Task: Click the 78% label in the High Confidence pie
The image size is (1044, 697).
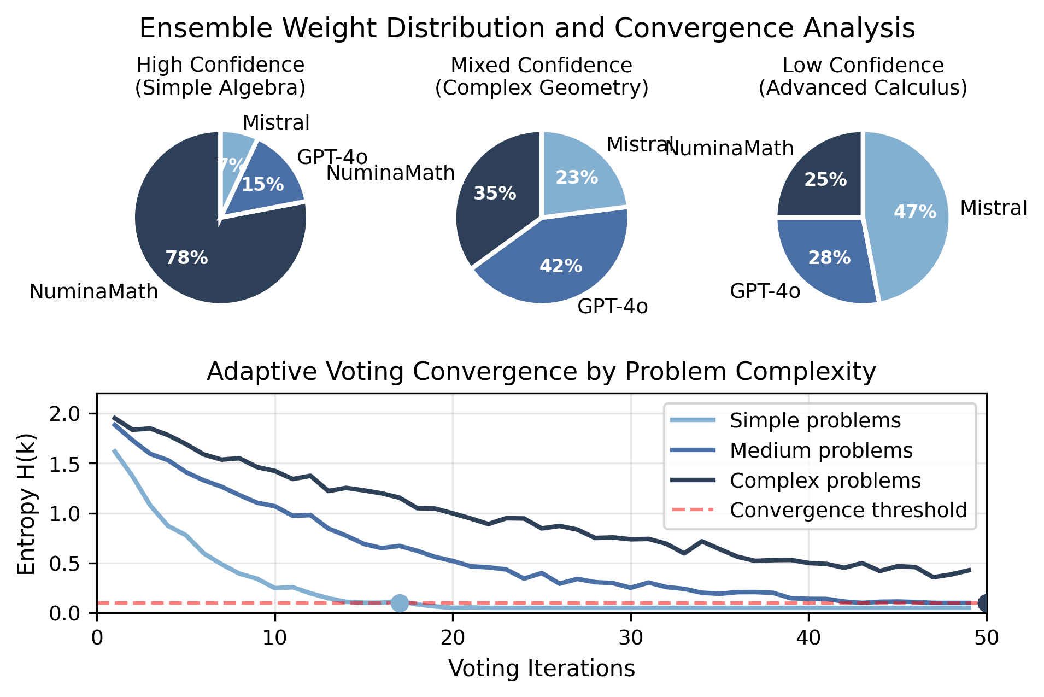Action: (186, 258)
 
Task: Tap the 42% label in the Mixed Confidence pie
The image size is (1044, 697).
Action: (561, 266)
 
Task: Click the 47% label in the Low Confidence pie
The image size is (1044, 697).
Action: (914, 212)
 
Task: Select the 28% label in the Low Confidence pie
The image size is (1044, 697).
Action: (829, 258)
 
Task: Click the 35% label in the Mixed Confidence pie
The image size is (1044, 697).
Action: (495, 194)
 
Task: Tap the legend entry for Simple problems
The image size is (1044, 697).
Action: (815, 421)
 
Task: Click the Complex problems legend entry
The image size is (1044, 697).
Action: (825, 481)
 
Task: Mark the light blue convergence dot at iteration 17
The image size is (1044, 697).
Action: (400, 603)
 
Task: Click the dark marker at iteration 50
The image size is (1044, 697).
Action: (986, 603)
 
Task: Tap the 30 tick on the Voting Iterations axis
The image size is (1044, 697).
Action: (631, 638)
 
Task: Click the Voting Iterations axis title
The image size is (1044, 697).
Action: (542, 669)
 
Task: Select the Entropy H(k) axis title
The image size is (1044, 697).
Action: (26, 503)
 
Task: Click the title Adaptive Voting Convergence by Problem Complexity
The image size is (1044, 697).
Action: (541, 372)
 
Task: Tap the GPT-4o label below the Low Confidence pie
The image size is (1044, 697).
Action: (765, 291)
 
